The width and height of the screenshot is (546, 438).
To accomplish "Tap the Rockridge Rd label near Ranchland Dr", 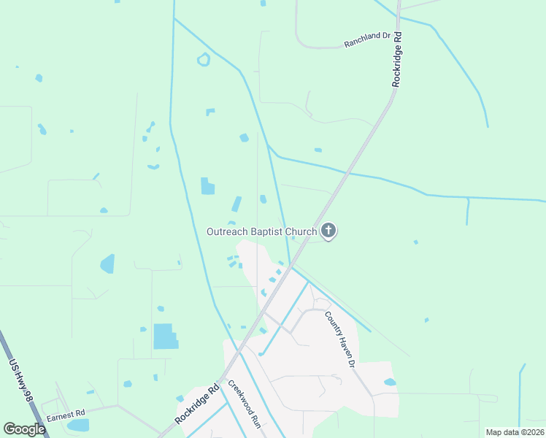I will click(396, 59).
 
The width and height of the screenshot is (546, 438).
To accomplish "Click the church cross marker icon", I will click(328, 232).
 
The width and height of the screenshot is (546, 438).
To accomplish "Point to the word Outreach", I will click(229, 232).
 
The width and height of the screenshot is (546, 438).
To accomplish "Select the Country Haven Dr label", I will click(340, 339).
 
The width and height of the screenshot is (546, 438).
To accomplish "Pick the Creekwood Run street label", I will click(244, 402).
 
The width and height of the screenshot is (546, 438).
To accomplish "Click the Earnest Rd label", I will click(66, 414).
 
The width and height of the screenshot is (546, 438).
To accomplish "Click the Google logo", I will click(24, 429).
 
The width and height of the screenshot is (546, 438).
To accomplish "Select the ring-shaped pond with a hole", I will click(204, 60).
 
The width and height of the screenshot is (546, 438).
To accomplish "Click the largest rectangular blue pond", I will click(166, 337).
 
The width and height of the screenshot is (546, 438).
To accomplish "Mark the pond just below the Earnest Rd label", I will click(77, 425).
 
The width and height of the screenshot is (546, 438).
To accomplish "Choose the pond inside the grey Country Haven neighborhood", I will click(390, 382).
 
